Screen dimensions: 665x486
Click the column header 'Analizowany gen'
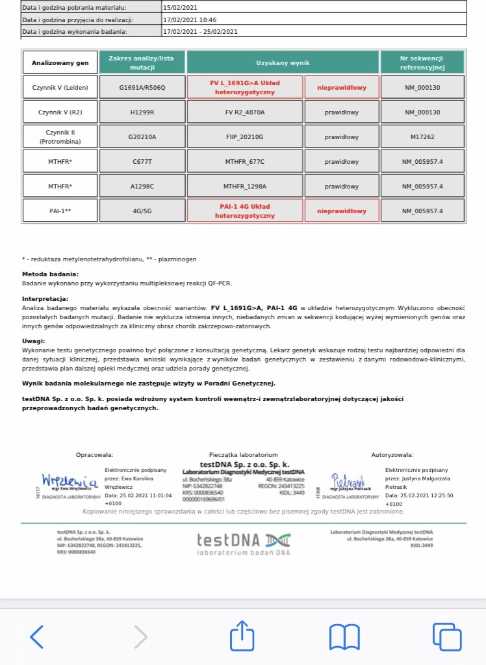coord(60,62)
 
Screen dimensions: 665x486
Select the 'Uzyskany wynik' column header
coord(283,62)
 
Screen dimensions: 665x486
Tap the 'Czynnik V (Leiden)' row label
coord(60,87)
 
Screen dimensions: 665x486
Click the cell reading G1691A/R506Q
coord(142,87)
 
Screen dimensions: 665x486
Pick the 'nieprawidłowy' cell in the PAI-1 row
coord(342,211)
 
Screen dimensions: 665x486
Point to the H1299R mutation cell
coord(142,112)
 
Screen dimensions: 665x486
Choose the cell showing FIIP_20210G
coord(245,137)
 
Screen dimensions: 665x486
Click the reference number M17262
coord(422,137)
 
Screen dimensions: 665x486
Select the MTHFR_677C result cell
coord(245,161)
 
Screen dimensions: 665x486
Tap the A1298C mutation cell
coord(142,186)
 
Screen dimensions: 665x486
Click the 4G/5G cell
coord(142,211)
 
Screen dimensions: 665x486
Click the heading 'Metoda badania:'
coord(50,274)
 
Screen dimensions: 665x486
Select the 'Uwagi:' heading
coord(34,340)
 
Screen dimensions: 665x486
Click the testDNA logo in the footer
coord(244,543)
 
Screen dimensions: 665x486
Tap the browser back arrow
coord(37,636)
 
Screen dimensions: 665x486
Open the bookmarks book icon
coord(344,636)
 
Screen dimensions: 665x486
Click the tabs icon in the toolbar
coord(446,636)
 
